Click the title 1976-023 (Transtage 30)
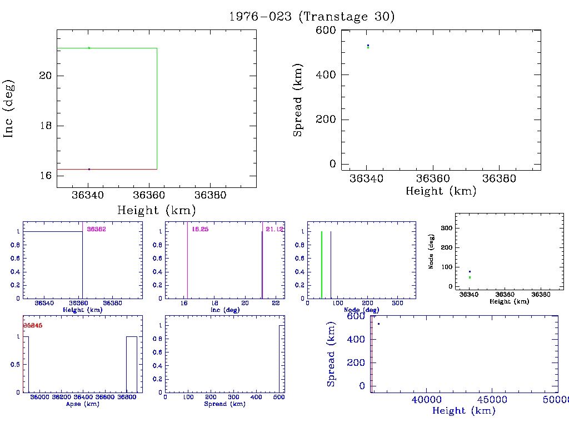point(312,17)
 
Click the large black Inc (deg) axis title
point(9,108)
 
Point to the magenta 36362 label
point(96,229)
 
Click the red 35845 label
point(32,325)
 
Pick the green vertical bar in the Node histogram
point(322,265)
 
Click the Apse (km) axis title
point(82,404)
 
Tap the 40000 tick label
point(426,400)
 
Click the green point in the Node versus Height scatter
point(470,277)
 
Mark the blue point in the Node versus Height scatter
point(470,271)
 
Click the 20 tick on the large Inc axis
point(46,76)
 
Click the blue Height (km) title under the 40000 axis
point(463,411)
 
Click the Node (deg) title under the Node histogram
point(362,310)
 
